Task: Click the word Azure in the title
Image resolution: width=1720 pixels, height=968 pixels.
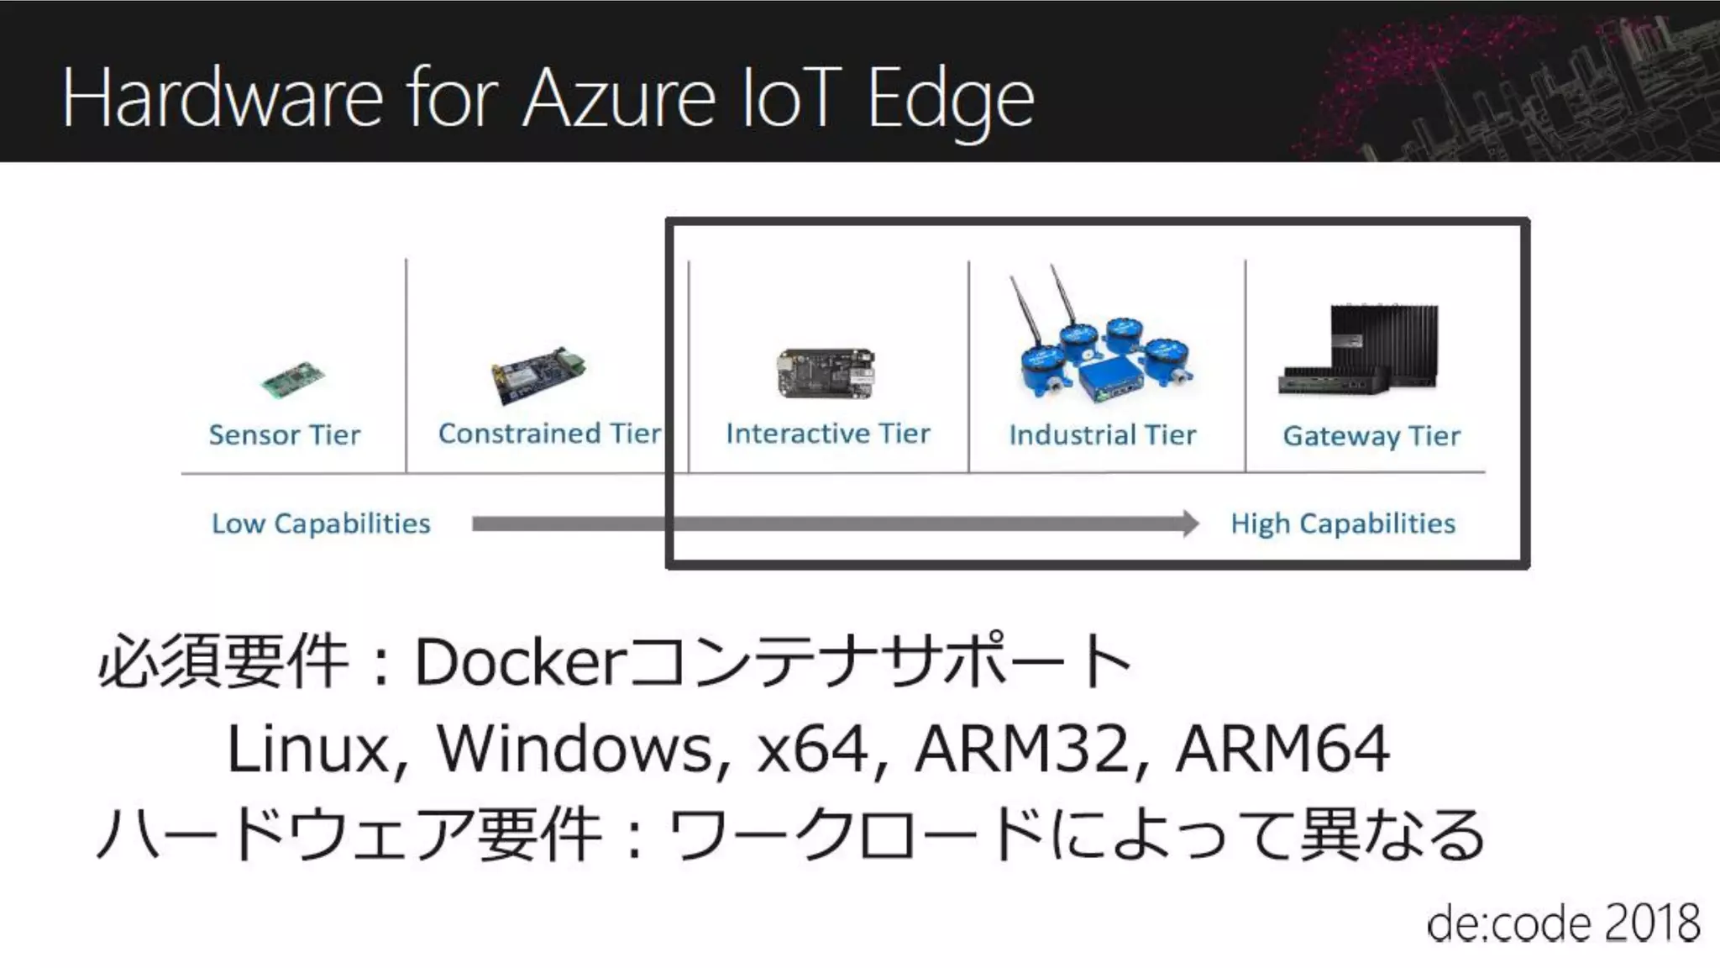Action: click(620, 99)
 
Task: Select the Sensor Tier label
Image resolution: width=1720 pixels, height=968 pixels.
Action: click(285, 434)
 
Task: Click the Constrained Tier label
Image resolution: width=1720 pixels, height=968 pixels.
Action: click(549, 433)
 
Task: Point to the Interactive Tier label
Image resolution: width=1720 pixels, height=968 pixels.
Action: click(828, 433)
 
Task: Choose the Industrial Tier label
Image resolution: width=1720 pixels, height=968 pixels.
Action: click(1102, 434)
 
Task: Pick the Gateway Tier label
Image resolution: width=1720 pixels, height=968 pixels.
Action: click(1371, 435)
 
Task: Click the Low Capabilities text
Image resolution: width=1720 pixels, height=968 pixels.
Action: click(321, 523)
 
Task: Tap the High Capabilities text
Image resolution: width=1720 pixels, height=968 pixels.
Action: click(1343, 523)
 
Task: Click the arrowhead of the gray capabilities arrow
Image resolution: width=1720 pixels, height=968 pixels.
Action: click(1191, 523)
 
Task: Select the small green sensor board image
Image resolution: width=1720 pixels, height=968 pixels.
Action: click(292, 380)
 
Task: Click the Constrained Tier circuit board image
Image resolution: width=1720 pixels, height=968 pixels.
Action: click(537, 373)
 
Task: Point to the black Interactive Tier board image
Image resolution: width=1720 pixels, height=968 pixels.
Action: click(826, 373)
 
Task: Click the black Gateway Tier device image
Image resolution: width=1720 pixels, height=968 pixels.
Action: click(1361, 350)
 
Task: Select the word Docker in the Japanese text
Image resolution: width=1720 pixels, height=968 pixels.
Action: click(517, 662)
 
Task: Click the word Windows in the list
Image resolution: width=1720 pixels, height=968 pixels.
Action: click(574, 748)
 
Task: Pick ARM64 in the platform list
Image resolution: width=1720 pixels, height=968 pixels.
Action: click(1282, 748)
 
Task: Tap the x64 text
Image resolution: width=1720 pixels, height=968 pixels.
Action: click(812, 748)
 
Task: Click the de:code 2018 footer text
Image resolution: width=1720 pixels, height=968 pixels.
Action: click(1563, 923)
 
